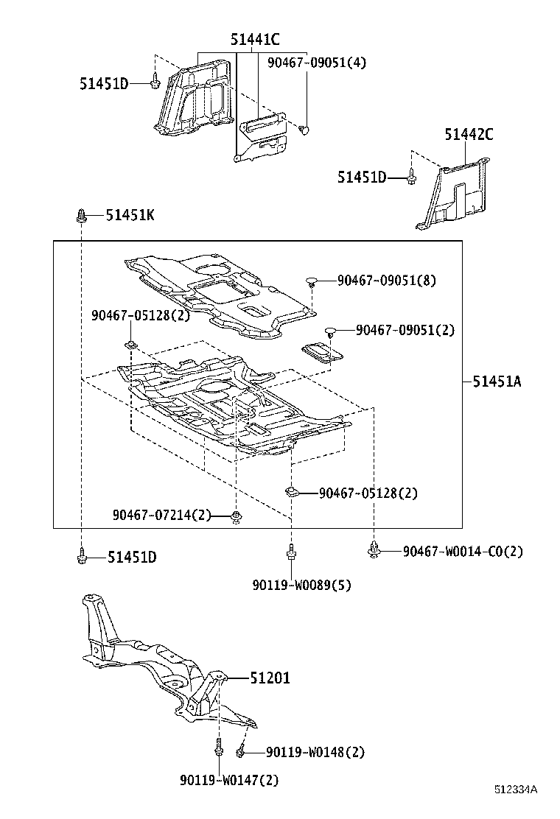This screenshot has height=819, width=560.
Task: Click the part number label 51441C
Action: tap(256, 41)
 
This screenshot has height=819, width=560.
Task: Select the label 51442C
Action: tap(469, 134)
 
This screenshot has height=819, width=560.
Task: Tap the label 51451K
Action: tap(130, 214)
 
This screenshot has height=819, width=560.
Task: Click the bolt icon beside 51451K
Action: tap(81, 215)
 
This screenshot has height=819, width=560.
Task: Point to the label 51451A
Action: tap(497, 381)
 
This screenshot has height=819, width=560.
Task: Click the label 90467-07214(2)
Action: tap(162, 515)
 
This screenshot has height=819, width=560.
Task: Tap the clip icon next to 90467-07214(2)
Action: tap(236, 517)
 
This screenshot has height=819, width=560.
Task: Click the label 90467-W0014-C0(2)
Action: tap(463, 551)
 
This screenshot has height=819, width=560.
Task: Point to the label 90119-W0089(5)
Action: tap(301, 586)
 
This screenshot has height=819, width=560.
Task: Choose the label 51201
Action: tap(270, 678)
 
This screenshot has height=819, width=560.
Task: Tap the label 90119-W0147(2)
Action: tap(229, 780)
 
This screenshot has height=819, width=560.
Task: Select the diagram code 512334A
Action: tap(516, 790)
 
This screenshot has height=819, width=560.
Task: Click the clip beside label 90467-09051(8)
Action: tap(312, 281)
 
